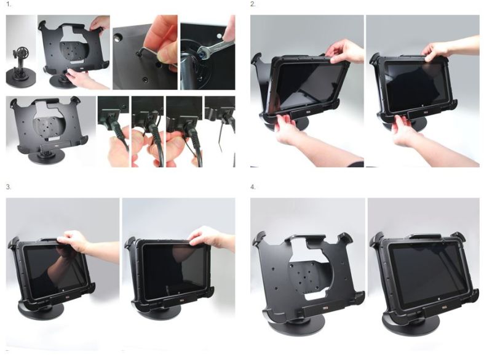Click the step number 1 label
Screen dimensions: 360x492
pyautogui.click(x=9, y=5)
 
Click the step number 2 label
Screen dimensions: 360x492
pyautogui.click(x=253, y=5)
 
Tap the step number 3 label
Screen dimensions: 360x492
pyautogui.click(x=9, y=186)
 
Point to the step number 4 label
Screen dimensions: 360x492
pyautogui.click(x=253, y=186)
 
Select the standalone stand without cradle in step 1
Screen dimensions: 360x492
pyautogui.click(x=21, y=68)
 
